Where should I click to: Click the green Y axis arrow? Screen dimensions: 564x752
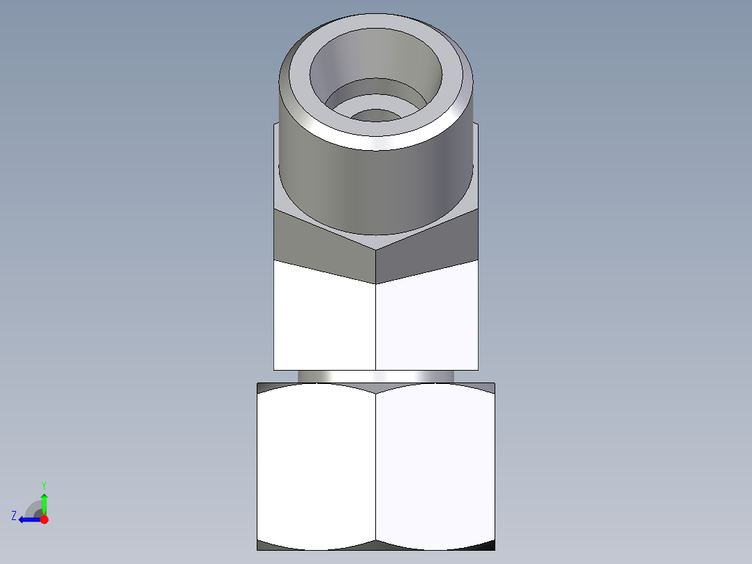(x=44, y=502)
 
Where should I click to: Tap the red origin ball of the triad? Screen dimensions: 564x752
(x=44, y=519)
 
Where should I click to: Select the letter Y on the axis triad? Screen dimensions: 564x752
(x=43, y=484)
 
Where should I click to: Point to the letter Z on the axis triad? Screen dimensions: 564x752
(x=14, y=516)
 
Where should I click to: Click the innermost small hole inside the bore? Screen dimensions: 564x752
(x=376, y=115)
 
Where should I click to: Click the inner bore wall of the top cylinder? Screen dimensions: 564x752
(x=377, y=59)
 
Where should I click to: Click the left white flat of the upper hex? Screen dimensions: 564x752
(x=324, y=321)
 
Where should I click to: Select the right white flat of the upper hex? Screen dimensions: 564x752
(x=427, y=321)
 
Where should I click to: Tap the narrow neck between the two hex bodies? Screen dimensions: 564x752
(x=376, y=376)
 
